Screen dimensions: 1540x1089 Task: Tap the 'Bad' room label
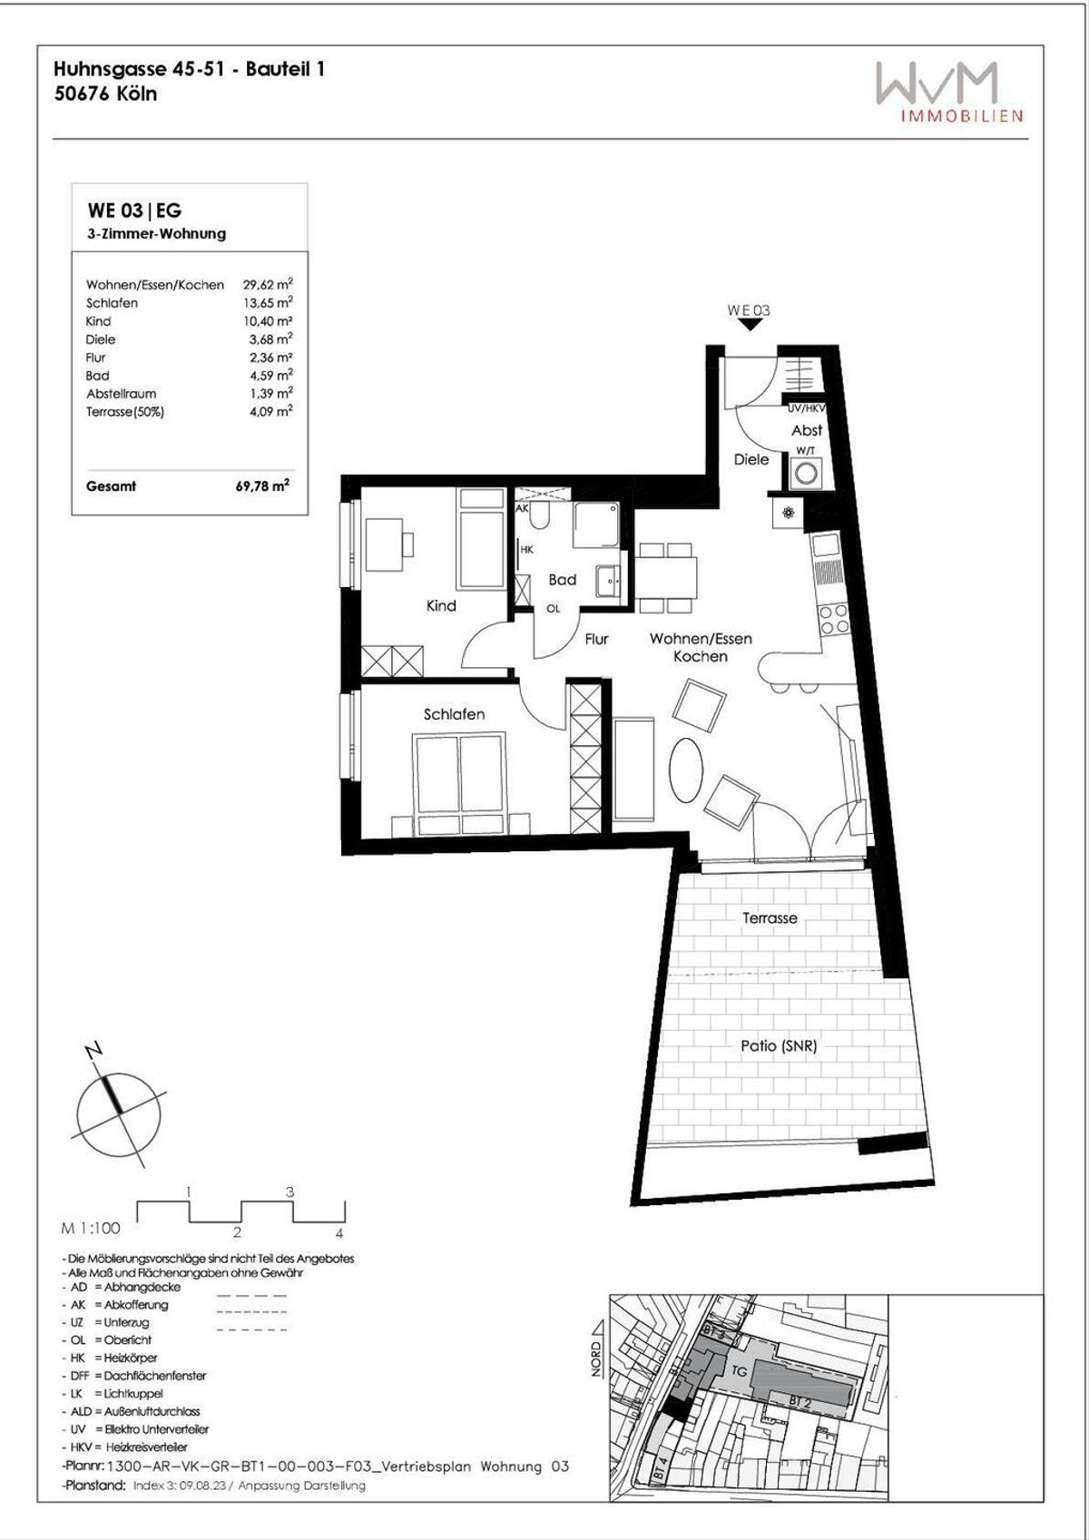point(562,580)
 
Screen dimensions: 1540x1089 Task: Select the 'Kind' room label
point(441,605)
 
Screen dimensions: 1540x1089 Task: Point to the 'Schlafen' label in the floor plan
point(454,714)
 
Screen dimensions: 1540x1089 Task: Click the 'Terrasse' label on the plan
point(770,917)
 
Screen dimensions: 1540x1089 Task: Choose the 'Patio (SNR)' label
point(779,1045)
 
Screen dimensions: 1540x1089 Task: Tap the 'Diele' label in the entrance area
point(751,459)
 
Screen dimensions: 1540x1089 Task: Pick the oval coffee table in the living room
point(686,768)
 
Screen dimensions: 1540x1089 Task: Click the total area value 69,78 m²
point(262,486)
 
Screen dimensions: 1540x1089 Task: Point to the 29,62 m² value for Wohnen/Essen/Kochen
point(268,284)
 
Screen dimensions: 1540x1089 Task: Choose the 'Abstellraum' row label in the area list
point(121,394)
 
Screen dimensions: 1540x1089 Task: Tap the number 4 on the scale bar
point(339,1233)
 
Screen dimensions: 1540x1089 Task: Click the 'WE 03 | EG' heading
point(134,211)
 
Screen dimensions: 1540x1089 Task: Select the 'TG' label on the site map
point(739,1370)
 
